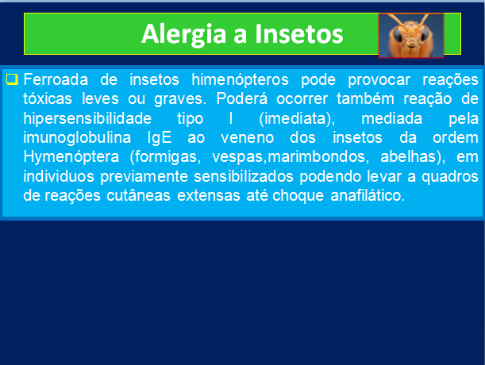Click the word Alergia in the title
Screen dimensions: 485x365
point(183,35)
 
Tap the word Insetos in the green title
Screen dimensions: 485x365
point(298,33)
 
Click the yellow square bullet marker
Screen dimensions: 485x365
point(12,79)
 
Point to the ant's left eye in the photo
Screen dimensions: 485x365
point(398,35)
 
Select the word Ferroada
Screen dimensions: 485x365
point(56,79)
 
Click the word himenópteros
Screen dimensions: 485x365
point(240,80)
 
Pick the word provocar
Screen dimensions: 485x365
point(379,80)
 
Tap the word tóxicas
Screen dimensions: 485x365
point(48,98)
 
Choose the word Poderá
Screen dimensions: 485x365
point(241,98)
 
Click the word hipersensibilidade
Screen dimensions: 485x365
point(87,118)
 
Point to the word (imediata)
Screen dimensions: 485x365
point(297,119)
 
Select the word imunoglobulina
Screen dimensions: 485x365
point(77,138)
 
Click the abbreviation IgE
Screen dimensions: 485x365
point(160,138)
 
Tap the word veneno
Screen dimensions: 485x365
point(248,138)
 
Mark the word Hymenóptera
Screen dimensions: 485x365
point(71,157)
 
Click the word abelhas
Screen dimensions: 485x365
point(413,156)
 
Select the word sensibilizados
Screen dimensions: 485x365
point(244,176)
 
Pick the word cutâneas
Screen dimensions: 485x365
point(138,196)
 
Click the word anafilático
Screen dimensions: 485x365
point(368,196)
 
